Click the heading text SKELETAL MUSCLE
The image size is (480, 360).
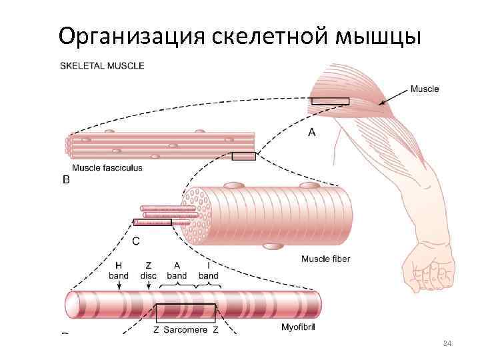[x=102, y=66]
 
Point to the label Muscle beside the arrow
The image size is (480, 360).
[x=425, y=89]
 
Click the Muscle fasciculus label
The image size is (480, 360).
[x=107, y=168]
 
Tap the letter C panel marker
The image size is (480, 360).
[x=136, y=241]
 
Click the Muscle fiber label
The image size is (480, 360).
[x=326, y=259]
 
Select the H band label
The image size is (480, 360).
[x=118, y=270]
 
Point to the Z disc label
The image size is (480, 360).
[x=149, y=270]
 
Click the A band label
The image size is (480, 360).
[x=177, y=270]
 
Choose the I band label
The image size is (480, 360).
[x=209, y=270]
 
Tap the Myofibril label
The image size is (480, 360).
[x=297, y=327]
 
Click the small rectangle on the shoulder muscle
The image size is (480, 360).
[x=330, y=101]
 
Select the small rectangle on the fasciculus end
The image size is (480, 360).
[x=243, y=157]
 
